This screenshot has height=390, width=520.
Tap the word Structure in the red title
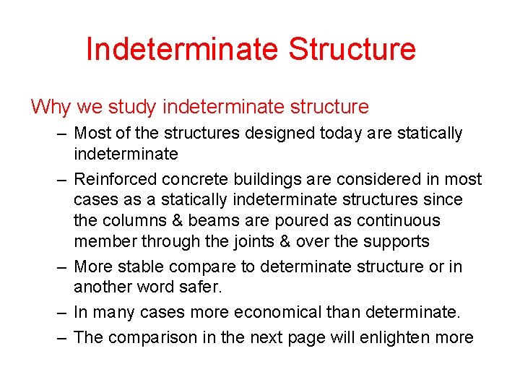[x=352, y=49]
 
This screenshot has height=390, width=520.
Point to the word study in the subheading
[x=134, y=108]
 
